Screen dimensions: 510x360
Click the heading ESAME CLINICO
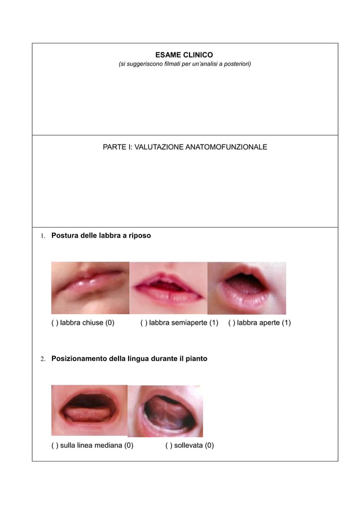[x=184, y=55]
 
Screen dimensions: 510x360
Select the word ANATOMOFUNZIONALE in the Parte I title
[x=227, y=147]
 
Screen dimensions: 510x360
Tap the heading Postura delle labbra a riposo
[x=101, y=235]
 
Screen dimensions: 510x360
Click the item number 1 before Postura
[x=42, y=236]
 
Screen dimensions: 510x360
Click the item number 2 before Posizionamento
[x=42, y=359]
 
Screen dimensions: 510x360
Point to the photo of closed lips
[x=90, y=287]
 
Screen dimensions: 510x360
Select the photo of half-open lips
[x=168, y=287]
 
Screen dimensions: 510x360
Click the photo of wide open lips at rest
[x=247, y=287]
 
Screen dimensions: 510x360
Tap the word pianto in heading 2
[x=195, y=359]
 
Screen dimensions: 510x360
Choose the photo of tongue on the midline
[x=89, y=411]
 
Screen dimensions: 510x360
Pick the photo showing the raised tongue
[x=165, y=411]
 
